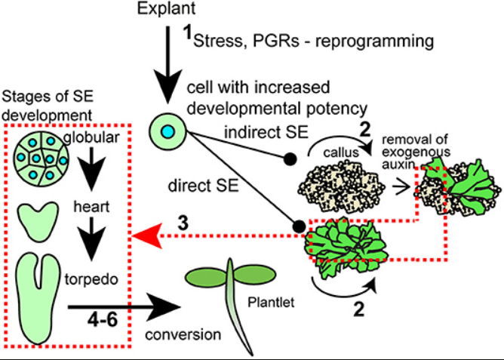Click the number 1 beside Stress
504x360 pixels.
(188, 32)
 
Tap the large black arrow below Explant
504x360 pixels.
(168, 69)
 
